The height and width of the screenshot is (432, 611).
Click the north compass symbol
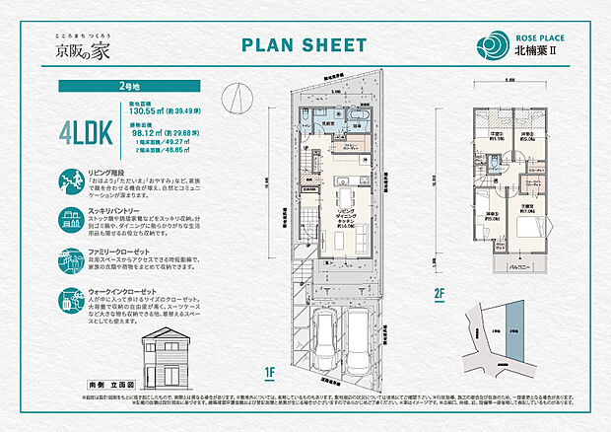(x=233, y=99)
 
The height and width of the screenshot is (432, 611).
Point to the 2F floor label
(x=439, y=292)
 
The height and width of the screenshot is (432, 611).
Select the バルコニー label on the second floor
(x=521, y=266)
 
